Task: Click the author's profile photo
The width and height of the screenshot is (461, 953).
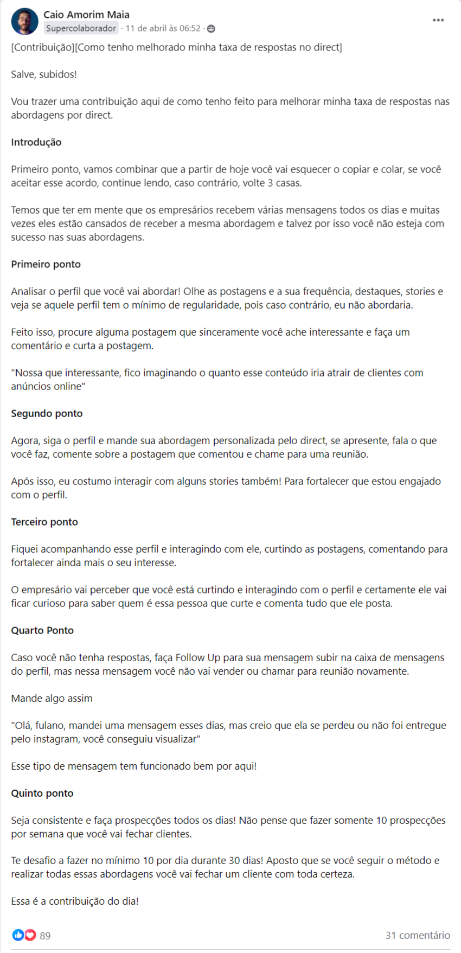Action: point(24,22)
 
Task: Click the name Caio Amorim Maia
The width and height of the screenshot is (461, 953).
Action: point(86,15)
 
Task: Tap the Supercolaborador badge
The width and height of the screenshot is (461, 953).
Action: point(81,28)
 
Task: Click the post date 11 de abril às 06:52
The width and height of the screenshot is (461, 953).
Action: point(163,28)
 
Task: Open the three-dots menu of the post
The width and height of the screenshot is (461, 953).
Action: point(438,20)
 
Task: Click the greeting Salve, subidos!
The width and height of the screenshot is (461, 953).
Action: point(44,74)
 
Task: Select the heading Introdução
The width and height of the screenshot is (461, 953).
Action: point(36,142)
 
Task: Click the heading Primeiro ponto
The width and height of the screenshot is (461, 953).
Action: point(46,264)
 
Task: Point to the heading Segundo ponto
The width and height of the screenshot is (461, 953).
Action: point(47,413)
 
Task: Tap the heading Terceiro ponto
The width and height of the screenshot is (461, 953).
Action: point(44,522)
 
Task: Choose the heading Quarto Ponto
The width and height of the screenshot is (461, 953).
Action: point(42,630)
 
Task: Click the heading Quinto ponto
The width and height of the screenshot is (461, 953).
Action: point(42,793)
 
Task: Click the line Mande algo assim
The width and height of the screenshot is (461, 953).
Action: point(52,698)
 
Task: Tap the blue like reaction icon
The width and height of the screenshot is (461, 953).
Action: point(18,935)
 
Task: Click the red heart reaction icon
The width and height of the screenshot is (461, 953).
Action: point(30,935)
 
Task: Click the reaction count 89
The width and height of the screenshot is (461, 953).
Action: point(46,936)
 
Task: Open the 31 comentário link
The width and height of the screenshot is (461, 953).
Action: point(418,935)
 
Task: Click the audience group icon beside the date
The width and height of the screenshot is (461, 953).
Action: point(211,28)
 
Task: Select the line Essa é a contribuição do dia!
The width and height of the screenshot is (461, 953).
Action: point(75,901)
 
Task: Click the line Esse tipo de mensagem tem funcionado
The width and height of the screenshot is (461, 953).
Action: point(134,766)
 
